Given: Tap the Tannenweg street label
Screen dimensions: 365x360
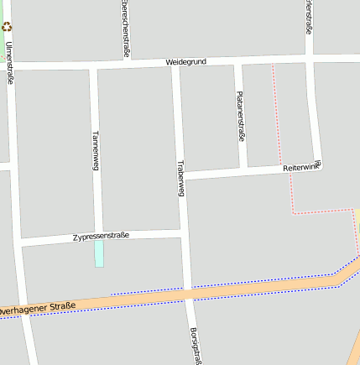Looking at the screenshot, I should click(96, 150).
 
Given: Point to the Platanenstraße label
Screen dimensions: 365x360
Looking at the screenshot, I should click(240, 116).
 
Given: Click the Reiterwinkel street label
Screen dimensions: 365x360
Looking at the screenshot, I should click(302, 167).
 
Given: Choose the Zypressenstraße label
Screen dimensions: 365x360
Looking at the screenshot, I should click(101, 236).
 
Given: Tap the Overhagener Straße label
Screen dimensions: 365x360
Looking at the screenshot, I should click(37, 308).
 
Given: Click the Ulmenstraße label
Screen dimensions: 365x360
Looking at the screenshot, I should click(10, 62).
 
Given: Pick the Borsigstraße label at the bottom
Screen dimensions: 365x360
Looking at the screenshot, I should click(196, 346).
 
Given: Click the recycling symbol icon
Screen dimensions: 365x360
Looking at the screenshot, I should click(7, 27).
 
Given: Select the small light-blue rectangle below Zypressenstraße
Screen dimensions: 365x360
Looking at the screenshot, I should click(99, 253).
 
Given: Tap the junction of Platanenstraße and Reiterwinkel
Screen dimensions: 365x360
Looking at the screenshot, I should click(242, 171).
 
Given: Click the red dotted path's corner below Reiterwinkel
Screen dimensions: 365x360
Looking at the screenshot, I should click(293, 213).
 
